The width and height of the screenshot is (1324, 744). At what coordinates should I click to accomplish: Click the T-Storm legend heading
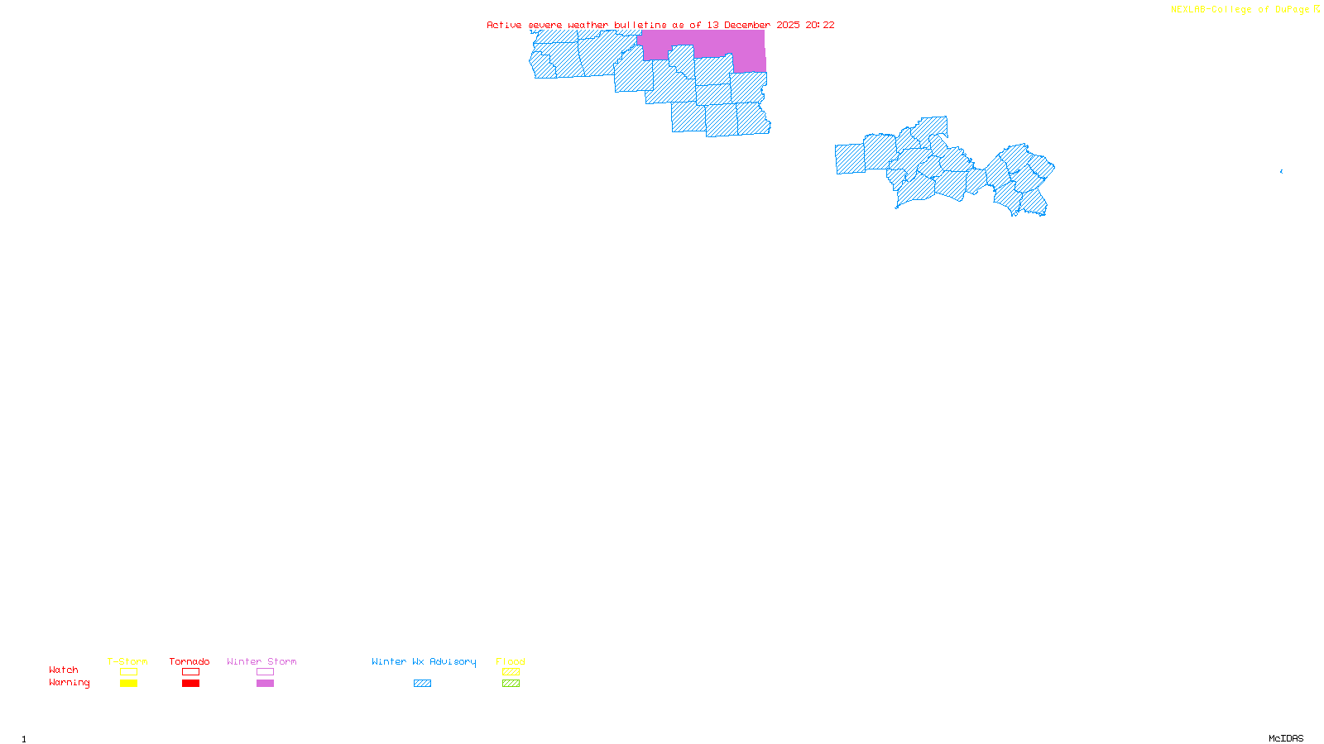coord(127,661)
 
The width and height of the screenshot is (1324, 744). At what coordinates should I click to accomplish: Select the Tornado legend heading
coord(189,661)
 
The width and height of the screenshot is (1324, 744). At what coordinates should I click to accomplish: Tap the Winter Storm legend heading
coord(261,661)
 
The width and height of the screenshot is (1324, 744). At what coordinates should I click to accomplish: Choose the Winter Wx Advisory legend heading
coord(424,661)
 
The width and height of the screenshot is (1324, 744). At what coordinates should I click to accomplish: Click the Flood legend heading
coord(511,661)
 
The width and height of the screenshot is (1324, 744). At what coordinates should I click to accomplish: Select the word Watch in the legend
coord(64,670)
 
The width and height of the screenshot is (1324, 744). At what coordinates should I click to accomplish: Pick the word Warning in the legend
coord(69,683)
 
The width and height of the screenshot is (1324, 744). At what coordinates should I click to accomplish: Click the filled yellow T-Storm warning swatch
coord(128,684)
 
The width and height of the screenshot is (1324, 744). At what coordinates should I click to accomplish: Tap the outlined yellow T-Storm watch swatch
coord(128,672)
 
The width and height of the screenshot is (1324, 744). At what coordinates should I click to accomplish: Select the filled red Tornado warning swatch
coord(190,684)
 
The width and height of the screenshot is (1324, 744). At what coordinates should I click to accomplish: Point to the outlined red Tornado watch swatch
coord(190,672)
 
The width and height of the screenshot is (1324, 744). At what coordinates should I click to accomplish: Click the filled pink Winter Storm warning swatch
coord(265,684)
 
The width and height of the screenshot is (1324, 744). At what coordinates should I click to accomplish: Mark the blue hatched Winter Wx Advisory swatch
coord(422,684)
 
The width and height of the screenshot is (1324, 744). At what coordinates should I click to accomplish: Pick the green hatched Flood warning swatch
coord(511,684)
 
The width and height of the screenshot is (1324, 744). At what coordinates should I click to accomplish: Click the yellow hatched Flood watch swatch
coord(511,672)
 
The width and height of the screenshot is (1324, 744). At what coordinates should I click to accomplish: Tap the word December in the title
coord(747,25)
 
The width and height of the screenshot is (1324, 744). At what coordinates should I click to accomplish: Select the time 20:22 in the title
coord(820,25)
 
